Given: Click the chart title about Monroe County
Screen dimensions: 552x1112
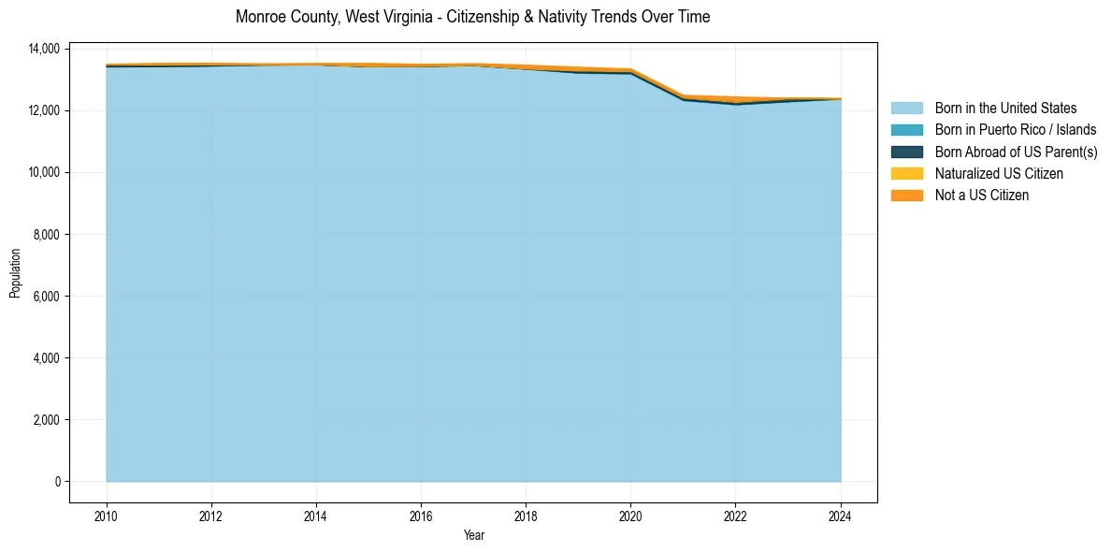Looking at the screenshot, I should pyautogui.click(x=472, y=17).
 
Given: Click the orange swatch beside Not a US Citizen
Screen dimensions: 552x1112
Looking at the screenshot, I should pyautogui.click(x=906, y=195).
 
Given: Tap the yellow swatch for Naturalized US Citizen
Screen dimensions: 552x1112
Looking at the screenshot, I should pyautogui.click(x=906, y=173).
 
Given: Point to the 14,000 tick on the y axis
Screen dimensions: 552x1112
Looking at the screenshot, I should pyautogui.click(x=45, y=49).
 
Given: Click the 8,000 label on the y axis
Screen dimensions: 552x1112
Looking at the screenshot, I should pyautogui.click(x=48, y=234).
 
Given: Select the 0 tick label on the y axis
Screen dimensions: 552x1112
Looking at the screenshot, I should pyautogui.click(x=57, y=482).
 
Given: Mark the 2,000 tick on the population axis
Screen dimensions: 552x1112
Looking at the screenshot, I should pyautogui.click(x=48, y=420).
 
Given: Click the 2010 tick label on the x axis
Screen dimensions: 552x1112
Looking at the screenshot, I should pyautogui.click(x=107, y=516).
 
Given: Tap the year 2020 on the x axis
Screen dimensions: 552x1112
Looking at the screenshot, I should pyautogui.click(x=630, y=516).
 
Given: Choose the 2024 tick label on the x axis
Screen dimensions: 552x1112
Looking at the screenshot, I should pyautogui.click(x=841, y=516).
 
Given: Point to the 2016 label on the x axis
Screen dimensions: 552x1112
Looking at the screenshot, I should pyautogui.click(x=421, y=516).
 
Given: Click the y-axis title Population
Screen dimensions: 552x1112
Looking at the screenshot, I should pyautogui.click(x=15, y=273).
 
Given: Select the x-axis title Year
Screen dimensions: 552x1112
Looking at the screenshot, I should pyautogui.click(x=473, y=535).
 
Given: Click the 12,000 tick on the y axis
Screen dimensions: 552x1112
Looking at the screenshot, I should pyautogui.click(x=45, y=110).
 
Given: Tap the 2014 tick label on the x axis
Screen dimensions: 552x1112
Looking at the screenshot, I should pyautogui.click(x=316, y=516).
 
